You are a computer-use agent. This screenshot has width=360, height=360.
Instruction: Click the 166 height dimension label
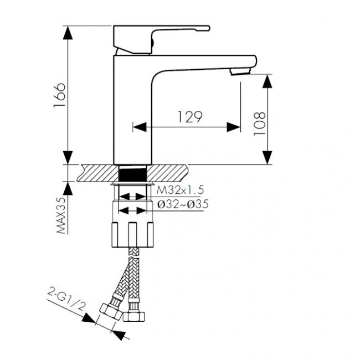pyautogui.click(x=59, y=95)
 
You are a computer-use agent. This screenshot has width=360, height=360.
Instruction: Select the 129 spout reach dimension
pyautogui.click(x=190, y=117)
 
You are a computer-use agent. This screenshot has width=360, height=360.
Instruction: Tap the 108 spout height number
pyautogui.click(x=259, y=124)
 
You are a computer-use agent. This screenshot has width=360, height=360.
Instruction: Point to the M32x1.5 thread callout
pyautogui.click(x=180, y=190)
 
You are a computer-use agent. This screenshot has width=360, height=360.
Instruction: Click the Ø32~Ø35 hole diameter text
pyautogui.click(x=183, y=204)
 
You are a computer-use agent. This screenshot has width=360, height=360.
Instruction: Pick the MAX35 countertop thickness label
pyautogui.click(x=61, y=215)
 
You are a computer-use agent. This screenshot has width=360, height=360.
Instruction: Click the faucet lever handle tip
pyautogui.click(x=208, y=28)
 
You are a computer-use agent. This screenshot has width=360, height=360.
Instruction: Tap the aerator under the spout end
pyautogui.click(x=240, y=71)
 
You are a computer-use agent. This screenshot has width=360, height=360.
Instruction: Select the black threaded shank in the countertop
pyautogui.click(x=133, y=174)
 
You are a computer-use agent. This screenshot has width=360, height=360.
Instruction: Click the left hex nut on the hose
pyautogui.click(x=111, y=311)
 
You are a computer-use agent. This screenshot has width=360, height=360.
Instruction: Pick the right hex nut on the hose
pyautogui.click(x=134, y=317)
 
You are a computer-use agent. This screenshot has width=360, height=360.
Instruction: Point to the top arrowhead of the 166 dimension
pyautogui.click(x=68, y=33)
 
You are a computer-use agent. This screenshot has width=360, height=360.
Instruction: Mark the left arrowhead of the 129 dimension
pyautogui.click(x=140, y=127)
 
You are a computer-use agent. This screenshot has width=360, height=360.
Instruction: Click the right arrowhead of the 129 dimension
pyautogui.click(x=234, y=127)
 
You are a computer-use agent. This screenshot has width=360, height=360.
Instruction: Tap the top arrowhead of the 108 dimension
pyautogui.click(x=268, y=81)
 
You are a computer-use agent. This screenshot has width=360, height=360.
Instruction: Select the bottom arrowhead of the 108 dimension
pyautogui.click(x=268, y=158)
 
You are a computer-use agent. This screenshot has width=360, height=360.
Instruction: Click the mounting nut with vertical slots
pyautogui.click(x=133, y=235)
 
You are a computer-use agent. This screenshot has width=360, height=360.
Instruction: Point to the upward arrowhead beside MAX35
pyautogui.click(x=68, y=188)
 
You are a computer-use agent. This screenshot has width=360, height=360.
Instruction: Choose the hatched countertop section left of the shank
pyautogui.click(x=98, y=173)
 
